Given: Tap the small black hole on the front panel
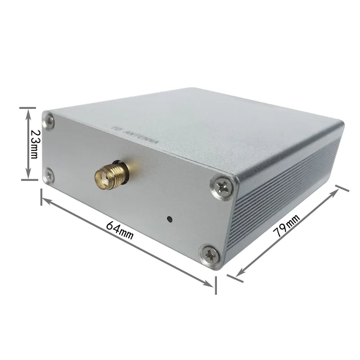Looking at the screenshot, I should tap(169, 220).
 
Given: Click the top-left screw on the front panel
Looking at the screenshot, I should tap(49, 120).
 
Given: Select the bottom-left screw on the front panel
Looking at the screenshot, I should tap(49, 175).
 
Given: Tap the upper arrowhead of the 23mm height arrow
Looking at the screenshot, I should tap(28, 112).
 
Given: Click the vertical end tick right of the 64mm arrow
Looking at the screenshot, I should tap(216, 285).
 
